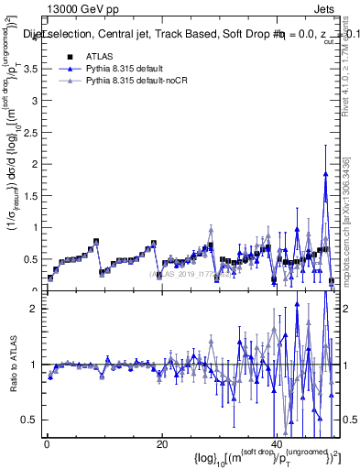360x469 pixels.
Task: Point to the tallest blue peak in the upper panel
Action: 325,174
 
